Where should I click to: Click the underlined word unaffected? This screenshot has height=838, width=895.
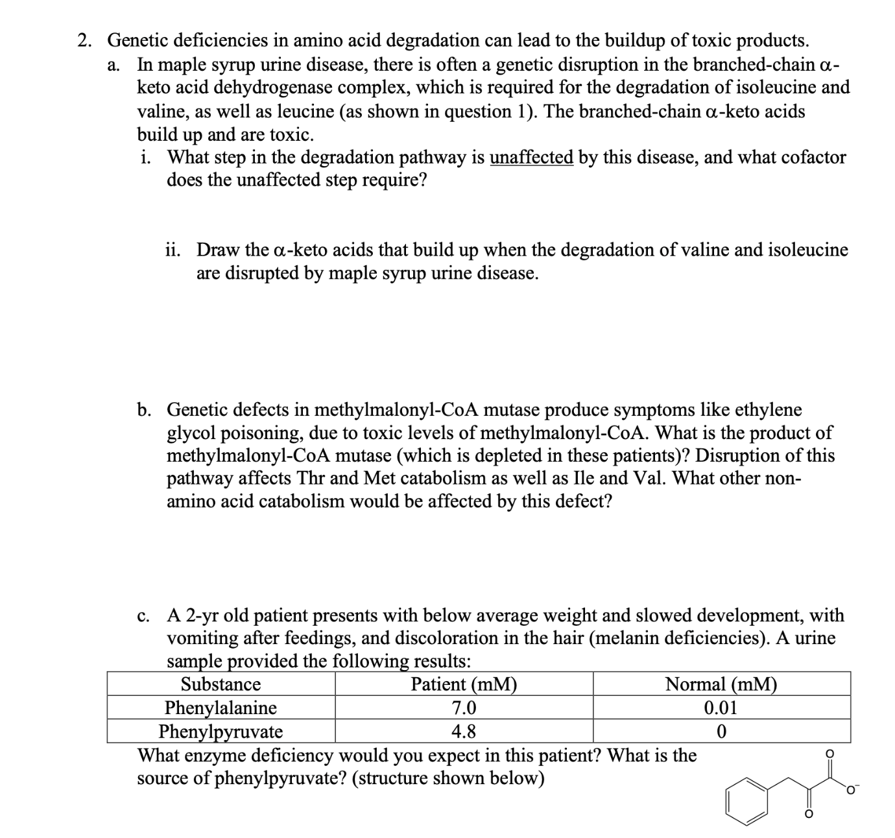pos(531,158)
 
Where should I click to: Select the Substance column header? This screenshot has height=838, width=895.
pos(221,684)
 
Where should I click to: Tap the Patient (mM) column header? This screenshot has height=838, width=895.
pos(464,684)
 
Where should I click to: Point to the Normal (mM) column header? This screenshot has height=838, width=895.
pos(721,684)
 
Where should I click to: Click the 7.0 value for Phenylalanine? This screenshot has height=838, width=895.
pos(464,708)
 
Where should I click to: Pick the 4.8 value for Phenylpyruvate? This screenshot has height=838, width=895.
pos(464,732)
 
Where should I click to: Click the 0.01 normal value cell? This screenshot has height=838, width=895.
pos(721,708)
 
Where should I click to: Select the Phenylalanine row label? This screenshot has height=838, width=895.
pos(221,708)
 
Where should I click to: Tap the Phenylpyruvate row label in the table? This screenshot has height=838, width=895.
pos(221,732)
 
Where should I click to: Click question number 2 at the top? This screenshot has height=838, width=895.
pos(84,41)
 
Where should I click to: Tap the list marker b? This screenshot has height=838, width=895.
pos(145,410)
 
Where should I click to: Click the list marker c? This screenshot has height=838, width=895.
pos(144,615)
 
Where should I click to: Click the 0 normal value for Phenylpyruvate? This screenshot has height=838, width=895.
pos(721,732)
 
